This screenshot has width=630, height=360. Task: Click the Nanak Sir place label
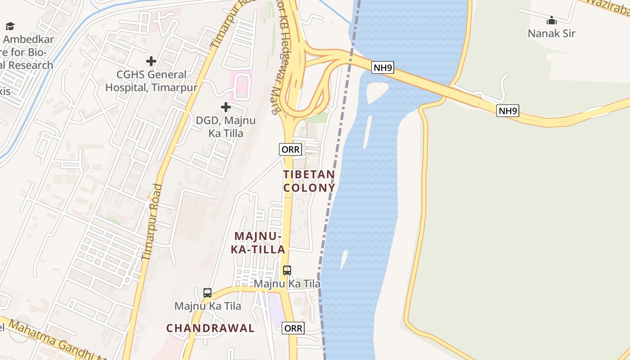[551, 33]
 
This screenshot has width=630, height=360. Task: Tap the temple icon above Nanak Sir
[551, 21]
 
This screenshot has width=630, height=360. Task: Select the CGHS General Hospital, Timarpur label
[151, 81]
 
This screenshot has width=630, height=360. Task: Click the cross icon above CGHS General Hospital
[151, 61]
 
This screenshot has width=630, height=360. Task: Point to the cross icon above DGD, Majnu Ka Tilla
[226, 107]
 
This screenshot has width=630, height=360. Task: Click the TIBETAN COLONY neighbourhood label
[309, 181]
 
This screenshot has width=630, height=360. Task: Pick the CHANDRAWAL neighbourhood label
[211, 328]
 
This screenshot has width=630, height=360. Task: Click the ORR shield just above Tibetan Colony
[290, 149]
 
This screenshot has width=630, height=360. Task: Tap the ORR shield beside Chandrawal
[293, 328]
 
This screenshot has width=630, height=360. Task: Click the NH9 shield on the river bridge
[383, 68]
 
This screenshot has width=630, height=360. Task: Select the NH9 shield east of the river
[508, 111]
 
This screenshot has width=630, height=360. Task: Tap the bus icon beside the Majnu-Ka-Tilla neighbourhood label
[287, 270]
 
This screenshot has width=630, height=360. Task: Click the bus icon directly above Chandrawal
[207, 293]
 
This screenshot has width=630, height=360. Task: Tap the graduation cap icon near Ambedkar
[10, 27]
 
